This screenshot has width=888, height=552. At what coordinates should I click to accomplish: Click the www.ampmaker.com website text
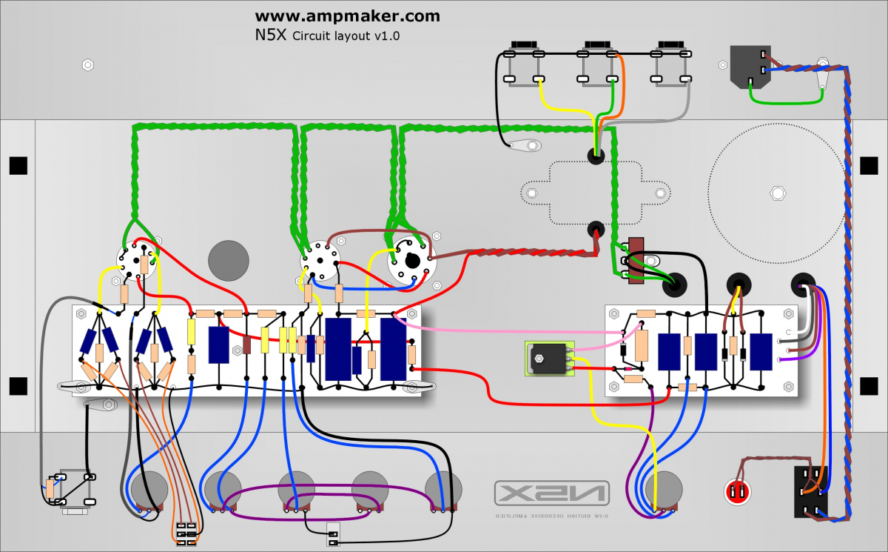pyautogui.click(x=347, y=16)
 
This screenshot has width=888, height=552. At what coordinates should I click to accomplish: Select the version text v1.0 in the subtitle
pyautogui.click(x=386, y=35)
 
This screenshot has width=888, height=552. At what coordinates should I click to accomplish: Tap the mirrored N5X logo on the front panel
pyautogui.click(x=552, y=492)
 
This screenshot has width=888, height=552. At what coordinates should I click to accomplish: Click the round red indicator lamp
pyautogui.click(x=736, y=491)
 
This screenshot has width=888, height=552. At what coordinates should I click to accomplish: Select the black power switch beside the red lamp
pyautogui.click(x=810, y=492)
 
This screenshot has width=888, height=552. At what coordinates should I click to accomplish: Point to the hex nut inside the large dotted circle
pyautogui.click(x=777, y=193)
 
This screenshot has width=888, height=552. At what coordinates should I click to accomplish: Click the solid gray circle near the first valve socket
pyautogui.click(x=229, y=260)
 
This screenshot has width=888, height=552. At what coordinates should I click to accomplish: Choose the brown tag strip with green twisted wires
pyautogui.click(x=633, y=261)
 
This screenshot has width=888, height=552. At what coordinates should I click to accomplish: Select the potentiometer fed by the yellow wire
pyautogui.click(x=661, y=490)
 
